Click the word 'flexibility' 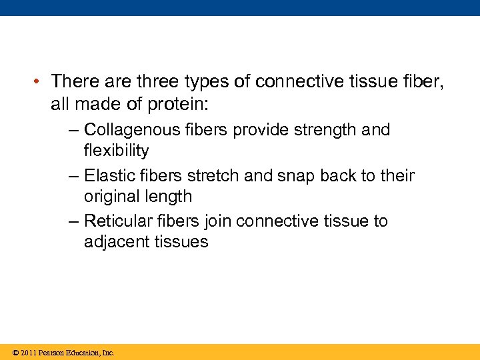pyautogui.click(x=116, y=150)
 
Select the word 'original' pyautogui.click(x=111, y=197)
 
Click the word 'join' pyautogui.click(x=218, y=221)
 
